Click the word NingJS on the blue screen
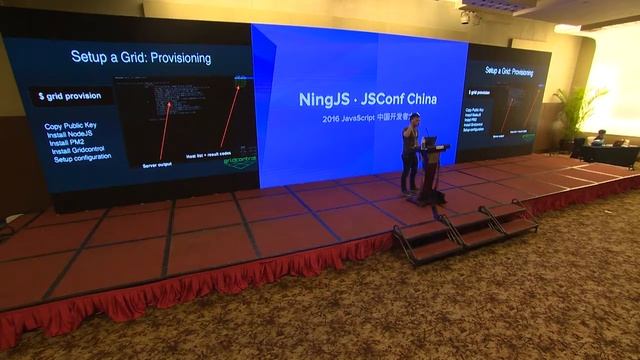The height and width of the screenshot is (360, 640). tap(326, 100)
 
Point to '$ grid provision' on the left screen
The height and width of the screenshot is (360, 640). tap(69, 96)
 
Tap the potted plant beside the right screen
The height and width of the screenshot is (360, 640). tap(577, 115)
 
